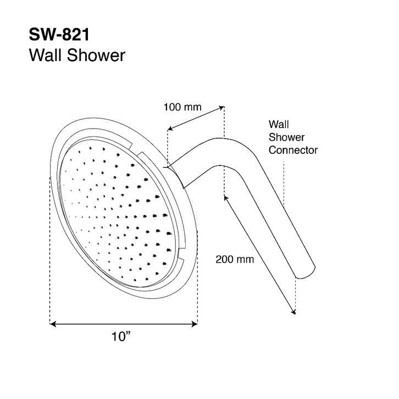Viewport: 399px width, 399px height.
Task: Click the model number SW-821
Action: click(59, 35)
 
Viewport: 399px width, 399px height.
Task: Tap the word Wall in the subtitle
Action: click(45, 55)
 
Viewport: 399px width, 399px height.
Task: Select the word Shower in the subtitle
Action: click(96, 55)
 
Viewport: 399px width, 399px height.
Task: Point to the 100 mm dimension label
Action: click(182, 107)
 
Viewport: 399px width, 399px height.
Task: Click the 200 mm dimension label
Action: click(235, 259)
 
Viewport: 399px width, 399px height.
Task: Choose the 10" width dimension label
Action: click(121, 336)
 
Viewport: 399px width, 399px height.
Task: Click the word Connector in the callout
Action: click(293, 150)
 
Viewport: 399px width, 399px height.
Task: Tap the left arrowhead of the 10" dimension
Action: click(53, 324)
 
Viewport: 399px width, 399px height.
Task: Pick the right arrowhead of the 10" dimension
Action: click(195, 324)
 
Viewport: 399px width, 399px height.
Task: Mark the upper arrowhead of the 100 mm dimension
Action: click(221, 108)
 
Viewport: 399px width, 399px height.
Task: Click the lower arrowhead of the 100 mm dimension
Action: click(170, 129)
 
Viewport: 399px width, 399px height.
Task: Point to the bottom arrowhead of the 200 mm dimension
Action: click(293, 312)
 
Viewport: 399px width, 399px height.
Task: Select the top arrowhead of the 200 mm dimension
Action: click(226, 198)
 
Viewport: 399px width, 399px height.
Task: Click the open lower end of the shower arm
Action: click(306, 273)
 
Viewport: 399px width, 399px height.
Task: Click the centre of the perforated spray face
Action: click(117, 214)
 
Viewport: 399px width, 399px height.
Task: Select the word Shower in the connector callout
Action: click(286, 137)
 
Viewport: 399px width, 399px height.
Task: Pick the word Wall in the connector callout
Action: click(279, 124)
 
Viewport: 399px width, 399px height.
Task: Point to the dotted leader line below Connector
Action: click(284, 184)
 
